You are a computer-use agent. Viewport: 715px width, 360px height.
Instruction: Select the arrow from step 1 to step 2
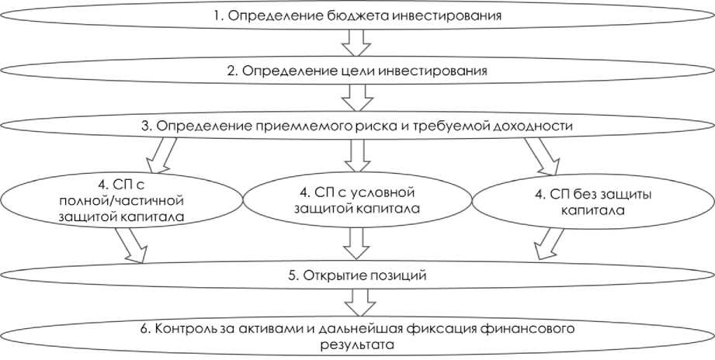tap(357, 43)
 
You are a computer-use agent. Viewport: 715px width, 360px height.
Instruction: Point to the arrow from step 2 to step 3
tap(357, 99)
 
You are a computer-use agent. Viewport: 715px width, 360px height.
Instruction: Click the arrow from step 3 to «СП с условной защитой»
tap(357, 154)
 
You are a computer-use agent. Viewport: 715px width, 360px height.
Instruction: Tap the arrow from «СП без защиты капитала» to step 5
tap(546, 247)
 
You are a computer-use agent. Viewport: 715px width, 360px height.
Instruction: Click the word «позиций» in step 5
tap(396, 275)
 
